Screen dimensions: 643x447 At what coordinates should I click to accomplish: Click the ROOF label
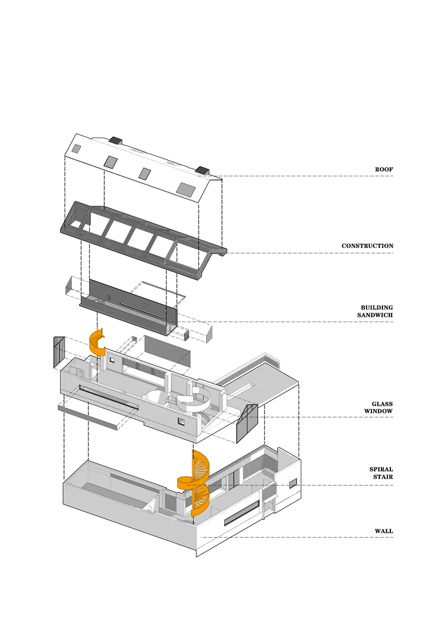tap(383, 170)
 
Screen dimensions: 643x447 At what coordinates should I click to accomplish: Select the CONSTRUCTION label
tap(367, 246)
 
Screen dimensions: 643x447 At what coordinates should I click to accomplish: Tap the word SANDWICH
tap(375, 315)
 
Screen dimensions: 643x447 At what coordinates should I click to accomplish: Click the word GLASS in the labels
tap(382, 404)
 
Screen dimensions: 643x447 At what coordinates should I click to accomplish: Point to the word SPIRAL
tap(381, 469)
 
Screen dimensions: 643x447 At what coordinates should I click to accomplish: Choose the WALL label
tap(383, 531)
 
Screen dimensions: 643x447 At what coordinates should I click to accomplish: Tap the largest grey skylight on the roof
tap(186, 189)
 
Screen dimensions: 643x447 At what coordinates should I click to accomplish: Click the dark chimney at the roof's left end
tap(116, 140)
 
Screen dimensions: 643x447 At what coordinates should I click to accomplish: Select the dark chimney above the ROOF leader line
tap(203, 171)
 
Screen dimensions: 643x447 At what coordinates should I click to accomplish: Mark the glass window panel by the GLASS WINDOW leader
tap(246, 423)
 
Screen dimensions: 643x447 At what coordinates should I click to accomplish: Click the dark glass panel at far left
tap(59, 352)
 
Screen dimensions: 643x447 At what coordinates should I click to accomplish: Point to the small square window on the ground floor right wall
tap(293, 482)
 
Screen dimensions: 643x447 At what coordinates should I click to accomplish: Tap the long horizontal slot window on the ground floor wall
tap(242, 513)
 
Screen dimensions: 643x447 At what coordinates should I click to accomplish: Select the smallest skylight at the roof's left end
tap(76, 148)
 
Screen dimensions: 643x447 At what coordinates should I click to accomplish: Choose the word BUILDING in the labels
tap(376, 308)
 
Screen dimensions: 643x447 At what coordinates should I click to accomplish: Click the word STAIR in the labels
tap(383, 477)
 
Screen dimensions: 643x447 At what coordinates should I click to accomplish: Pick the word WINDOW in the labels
tap(378, 411)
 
